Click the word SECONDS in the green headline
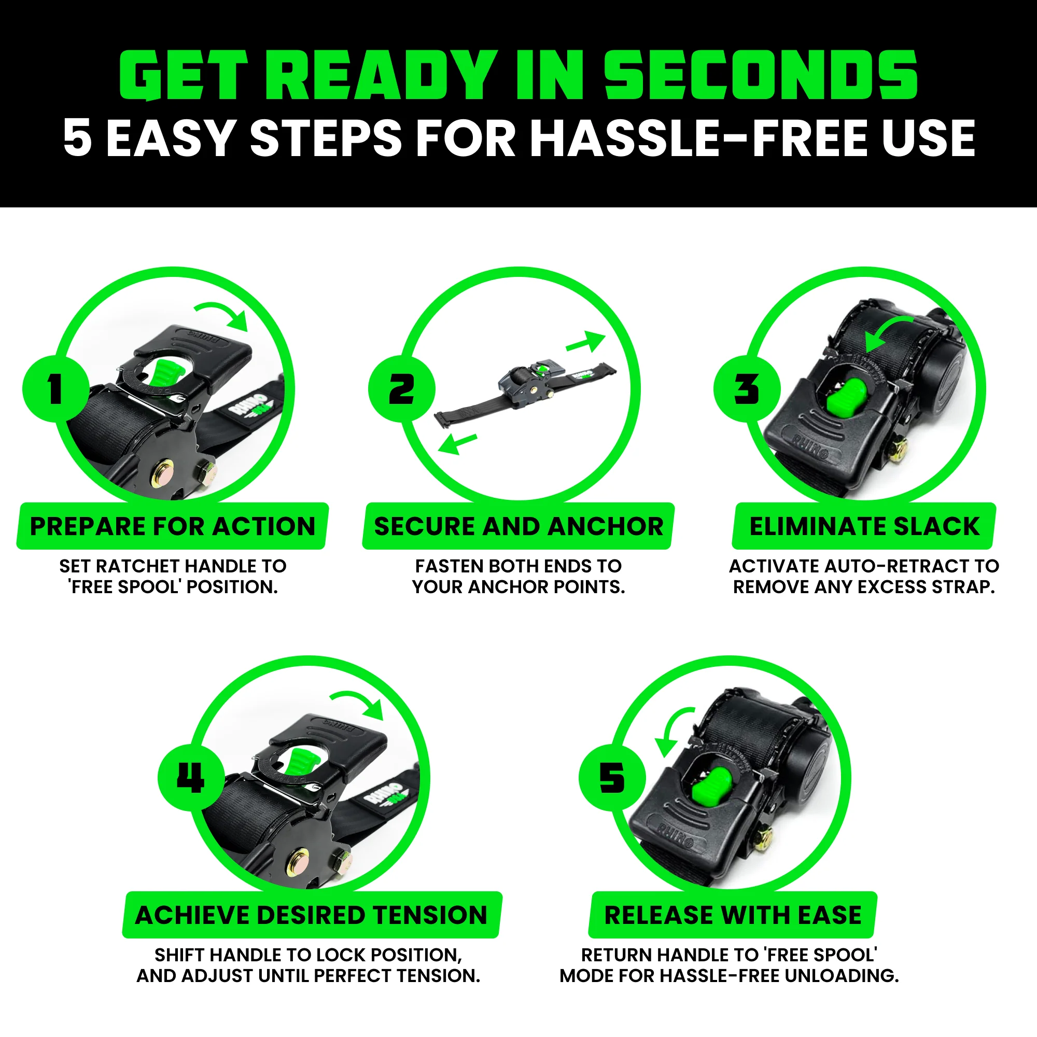(x=761, y=75)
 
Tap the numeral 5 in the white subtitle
(x=77, y=138)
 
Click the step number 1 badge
(x=55, y=388)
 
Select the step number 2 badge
(x=401, y=388)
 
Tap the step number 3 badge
(x=747, y=388)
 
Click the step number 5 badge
(x=612, y=778)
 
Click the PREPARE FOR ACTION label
(x=172, y=526)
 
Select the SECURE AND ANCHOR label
(x=518, y=526)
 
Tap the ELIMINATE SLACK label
(x=864, y=526)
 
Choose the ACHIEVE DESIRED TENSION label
(x=311, y=915)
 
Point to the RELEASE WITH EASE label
(x=733, y=915)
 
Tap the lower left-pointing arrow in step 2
(x=457, y=444)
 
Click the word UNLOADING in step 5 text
(x=841, y=975)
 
